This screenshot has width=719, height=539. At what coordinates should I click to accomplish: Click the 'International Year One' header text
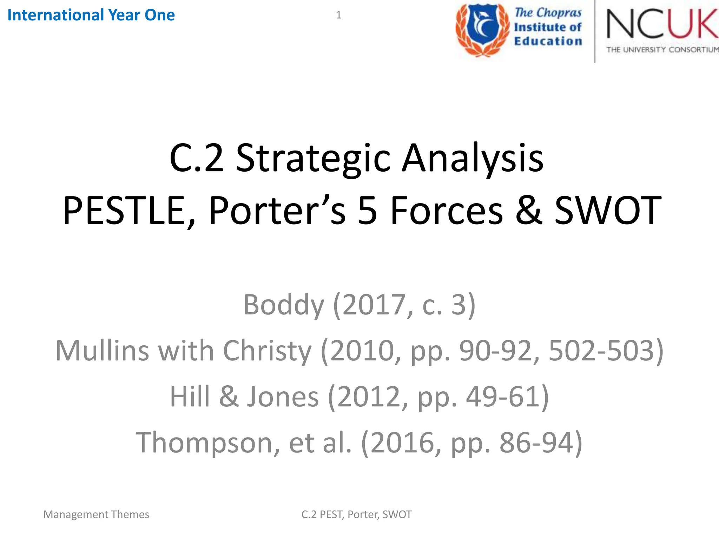tap(91, 15)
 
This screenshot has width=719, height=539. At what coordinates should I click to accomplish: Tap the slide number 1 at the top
tap(338, 15)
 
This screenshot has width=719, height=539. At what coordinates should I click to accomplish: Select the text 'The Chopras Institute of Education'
tap(548, 27)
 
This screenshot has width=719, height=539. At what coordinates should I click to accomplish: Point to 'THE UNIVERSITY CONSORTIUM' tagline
tap(662, 50)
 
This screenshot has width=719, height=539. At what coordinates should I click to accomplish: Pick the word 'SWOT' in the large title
tap(608, 211)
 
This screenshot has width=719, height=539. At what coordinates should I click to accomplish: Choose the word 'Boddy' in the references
tap(284, 305)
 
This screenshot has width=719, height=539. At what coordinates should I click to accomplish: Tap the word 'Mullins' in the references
tap(102, 351)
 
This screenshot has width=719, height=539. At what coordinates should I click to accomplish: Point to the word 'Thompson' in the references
tap(207, 442)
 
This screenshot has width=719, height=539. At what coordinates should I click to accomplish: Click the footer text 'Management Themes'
tap(96, 514)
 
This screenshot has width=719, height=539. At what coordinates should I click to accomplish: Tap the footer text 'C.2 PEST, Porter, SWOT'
tap(356, 514)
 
